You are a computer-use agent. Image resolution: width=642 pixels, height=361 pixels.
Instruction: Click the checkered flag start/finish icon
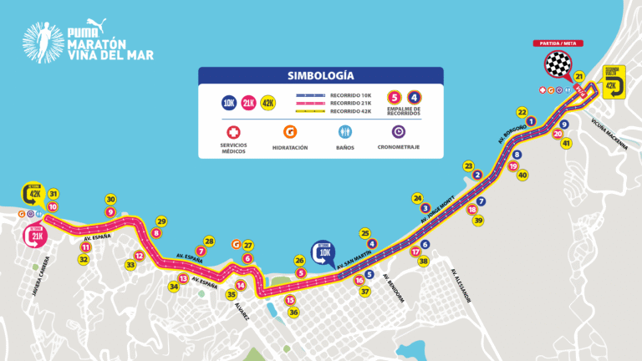click(x=557, y=64)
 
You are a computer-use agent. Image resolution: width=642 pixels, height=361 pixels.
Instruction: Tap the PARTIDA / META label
click(x=558, y=43)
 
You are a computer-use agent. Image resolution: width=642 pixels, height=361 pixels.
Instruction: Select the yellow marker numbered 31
click(x=53, y=193)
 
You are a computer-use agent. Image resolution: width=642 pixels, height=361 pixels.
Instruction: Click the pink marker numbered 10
click(x=53, y=206)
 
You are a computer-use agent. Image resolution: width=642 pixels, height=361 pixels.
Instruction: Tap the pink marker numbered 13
click(x=183, y=278)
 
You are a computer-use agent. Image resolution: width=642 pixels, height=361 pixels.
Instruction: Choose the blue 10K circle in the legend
click(x=228, y=103)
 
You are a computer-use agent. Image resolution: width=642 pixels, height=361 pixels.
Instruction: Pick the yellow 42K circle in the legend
click(x=268, y=103)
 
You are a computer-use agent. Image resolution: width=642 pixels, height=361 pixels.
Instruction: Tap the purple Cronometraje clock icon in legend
click(x=399, y=131)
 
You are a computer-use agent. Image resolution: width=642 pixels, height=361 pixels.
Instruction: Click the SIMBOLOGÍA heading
click(x=320, y=74)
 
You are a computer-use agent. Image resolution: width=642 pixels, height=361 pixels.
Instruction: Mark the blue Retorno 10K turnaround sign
click(x=326, y=251)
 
